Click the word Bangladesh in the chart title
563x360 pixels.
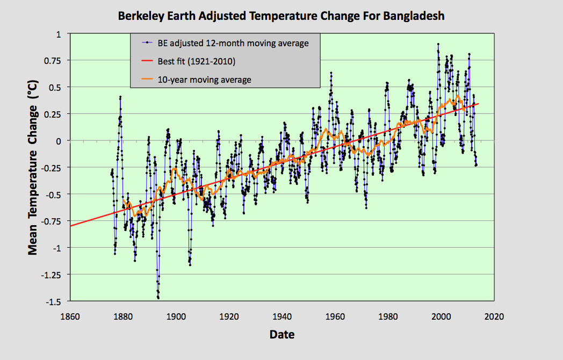click(414, 16)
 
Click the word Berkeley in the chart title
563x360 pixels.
click(140, 16)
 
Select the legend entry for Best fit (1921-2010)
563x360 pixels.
click(197, 61)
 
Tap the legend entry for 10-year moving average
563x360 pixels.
click(204, 80)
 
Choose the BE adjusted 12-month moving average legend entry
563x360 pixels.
click(233, 43)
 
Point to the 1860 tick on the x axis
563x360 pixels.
click(70, 316)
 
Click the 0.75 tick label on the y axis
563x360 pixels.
click(56, 60)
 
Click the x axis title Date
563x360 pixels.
click(282, 335)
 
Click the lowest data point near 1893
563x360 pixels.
click(158, 298)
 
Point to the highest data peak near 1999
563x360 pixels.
click(438, 44)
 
